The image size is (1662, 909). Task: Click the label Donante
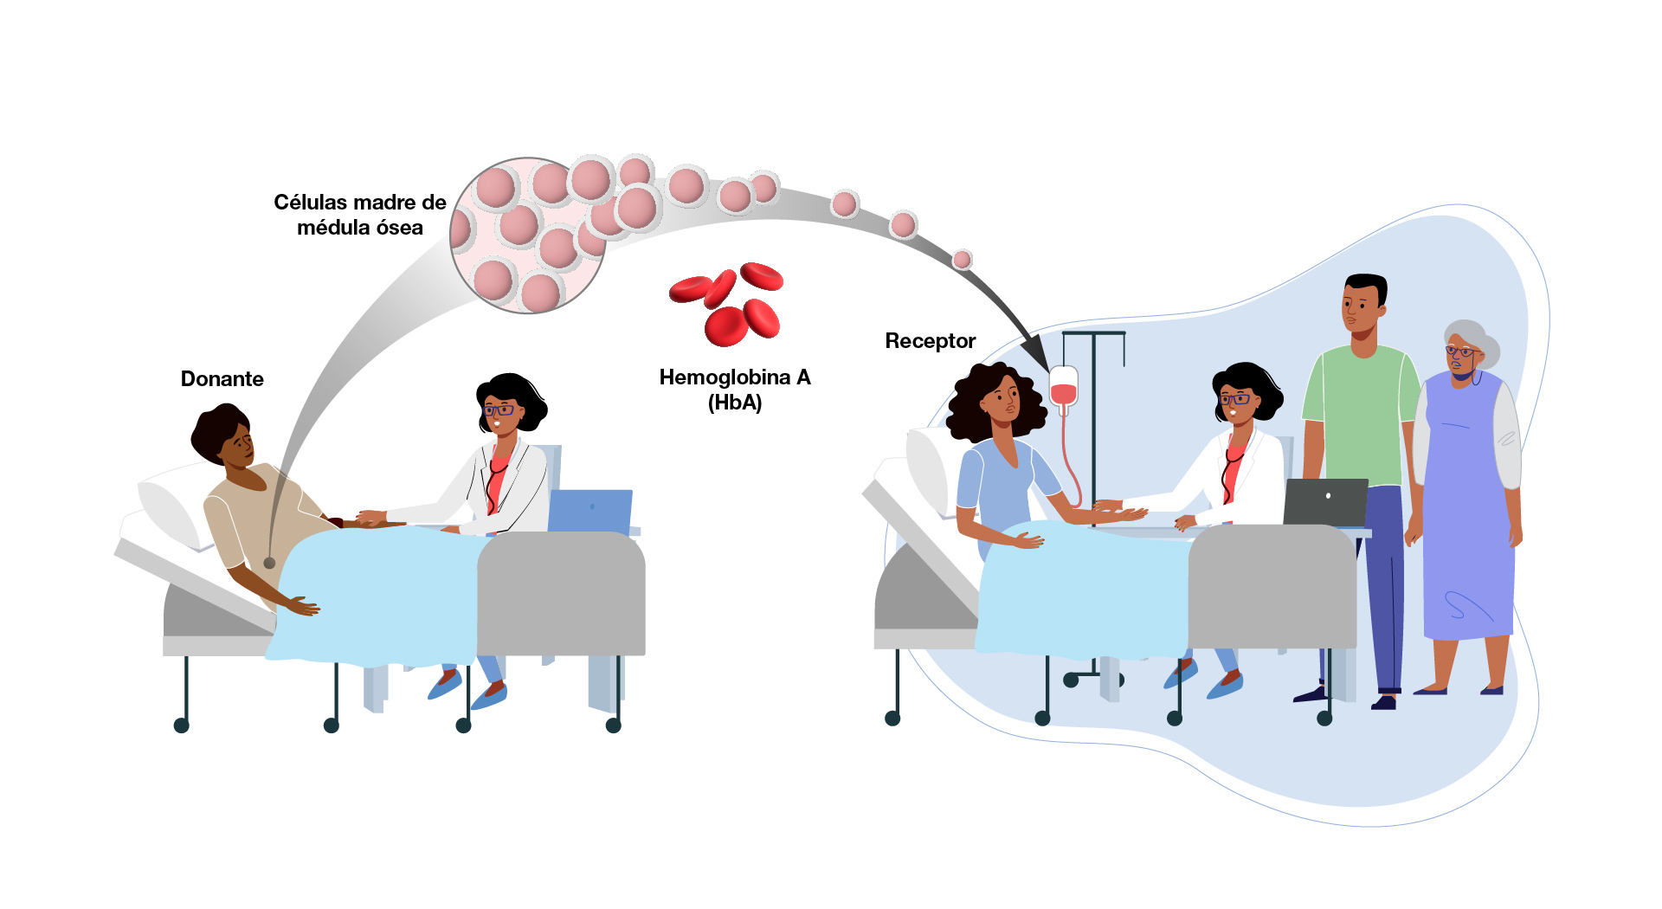[x=222, y=379]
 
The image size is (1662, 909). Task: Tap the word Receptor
[x=930, y=341]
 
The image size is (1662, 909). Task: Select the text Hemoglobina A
[x=734, y=377]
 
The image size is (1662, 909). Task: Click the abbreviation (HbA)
[x=734, y=403]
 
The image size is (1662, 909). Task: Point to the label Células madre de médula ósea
[x=359, y=215]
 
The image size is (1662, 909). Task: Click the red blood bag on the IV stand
[x=1064, y=387]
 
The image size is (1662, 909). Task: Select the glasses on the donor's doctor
[x=499, y=409]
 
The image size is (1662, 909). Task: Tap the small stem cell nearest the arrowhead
[x=962, y=259]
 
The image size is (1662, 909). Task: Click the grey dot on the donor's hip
[x=269, y=563]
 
